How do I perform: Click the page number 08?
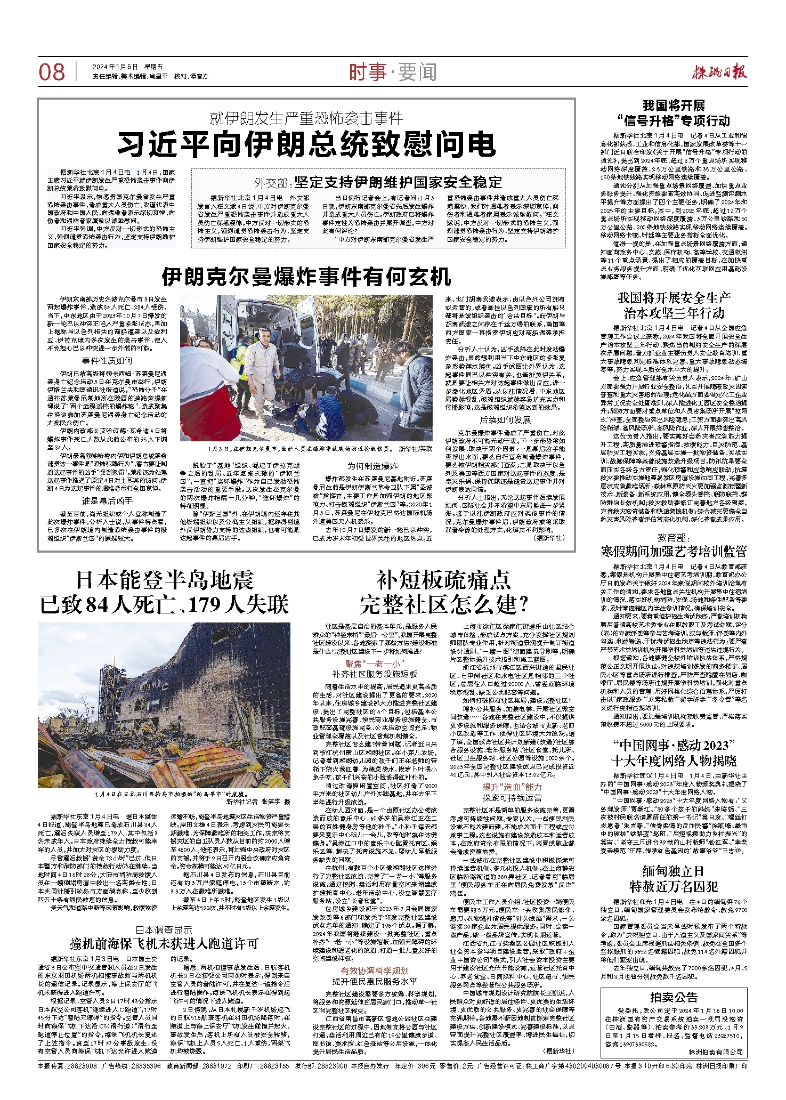tap(52, 72)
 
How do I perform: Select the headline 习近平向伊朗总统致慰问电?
tap(306, 144)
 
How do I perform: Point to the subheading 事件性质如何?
tap(107, 361)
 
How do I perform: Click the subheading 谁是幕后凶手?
tap(107, 500)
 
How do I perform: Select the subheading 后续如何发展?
tap(505, 420)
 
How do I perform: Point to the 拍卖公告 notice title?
tap(674, 997)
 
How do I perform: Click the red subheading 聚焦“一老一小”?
tap(372, 664)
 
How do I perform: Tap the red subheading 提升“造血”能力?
tap(512, 787)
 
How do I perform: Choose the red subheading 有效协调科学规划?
tap(375, 970)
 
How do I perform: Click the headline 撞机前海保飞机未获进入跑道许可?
tap(164, 943)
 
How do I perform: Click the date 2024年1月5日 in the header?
tap(115, 67)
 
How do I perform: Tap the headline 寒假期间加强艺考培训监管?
tap(674, 551)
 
